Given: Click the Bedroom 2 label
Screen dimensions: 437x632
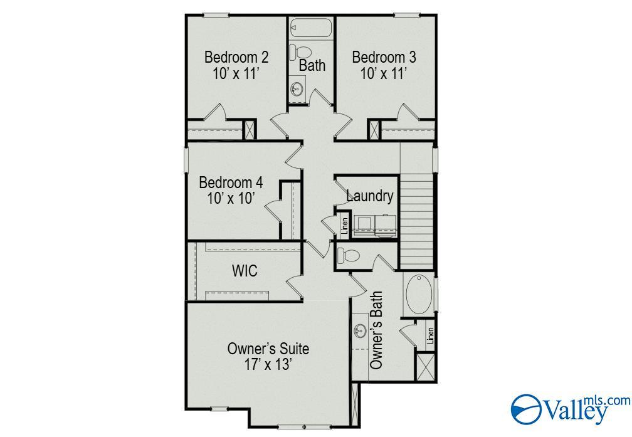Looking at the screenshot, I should pos(236,58).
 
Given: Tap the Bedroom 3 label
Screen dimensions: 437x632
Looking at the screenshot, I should pos(384,58).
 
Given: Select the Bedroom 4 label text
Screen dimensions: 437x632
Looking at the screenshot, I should pos(231,183).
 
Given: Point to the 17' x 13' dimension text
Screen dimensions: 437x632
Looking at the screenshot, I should pos(268,365).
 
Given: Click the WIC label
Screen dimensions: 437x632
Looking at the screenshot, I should pos(245,271).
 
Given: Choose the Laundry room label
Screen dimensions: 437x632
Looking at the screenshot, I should pos(370,196).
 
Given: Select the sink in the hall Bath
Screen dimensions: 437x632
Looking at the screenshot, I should pos(297,89).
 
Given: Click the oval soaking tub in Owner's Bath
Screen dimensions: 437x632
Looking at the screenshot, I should pos(418,295).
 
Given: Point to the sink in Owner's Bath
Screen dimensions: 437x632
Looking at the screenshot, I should pos(360,330).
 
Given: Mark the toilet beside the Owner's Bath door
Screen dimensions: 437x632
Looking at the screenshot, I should pos(347,255).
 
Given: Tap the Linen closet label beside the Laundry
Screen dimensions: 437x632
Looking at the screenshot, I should pos(344,226).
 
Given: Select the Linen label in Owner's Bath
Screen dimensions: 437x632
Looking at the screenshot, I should pos(430,336).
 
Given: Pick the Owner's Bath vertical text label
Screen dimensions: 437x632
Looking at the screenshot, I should pos(377,329).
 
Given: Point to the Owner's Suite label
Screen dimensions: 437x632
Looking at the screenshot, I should pos(268,349).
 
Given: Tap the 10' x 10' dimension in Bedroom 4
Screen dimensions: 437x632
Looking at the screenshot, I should pos(231,199).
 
